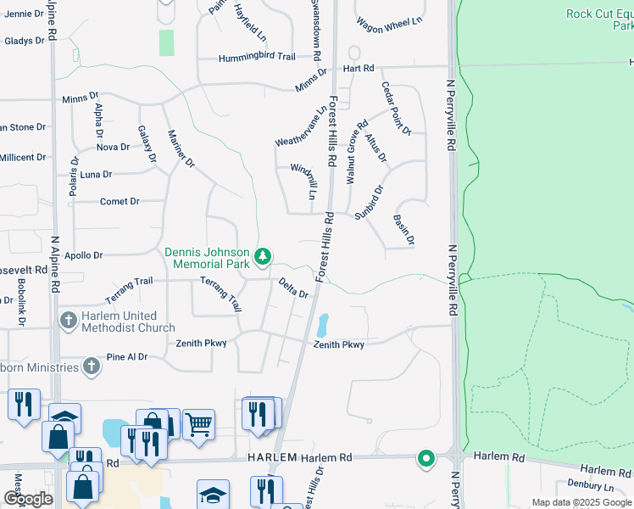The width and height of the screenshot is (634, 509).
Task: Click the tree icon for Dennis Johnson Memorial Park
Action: [x=264, y=255]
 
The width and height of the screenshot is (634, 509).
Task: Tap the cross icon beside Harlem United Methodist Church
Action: [x=68, y=321]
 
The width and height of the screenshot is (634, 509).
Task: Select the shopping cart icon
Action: [x=198, y=424]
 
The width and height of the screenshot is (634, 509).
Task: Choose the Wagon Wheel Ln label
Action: [x=389, y=22]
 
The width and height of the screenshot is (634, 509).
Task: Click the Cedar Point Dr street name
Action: [x=396, y=109]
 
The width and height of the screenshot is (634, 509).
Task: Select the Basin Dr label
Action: [x=403, y=230]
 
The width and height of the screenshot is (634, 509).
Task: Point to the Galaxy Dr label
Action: [x=147, y=143]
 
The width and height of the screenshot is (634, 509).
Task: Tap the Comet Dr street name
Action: [x=120, y=201]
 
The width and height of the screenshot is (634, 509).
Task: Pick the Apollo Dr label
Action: [x=84, y=255]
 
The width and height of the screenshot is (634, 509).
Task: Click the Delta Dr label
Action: [x=293, y=288]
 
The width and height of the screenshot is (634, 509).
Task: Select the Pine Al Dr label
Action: [x=128, y=358]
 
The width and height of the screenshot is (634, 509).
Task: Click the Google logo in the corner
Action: [x=28, y=499]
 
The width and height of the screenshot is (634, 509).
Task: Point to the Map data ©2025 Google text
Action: [x=580, y=502]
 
